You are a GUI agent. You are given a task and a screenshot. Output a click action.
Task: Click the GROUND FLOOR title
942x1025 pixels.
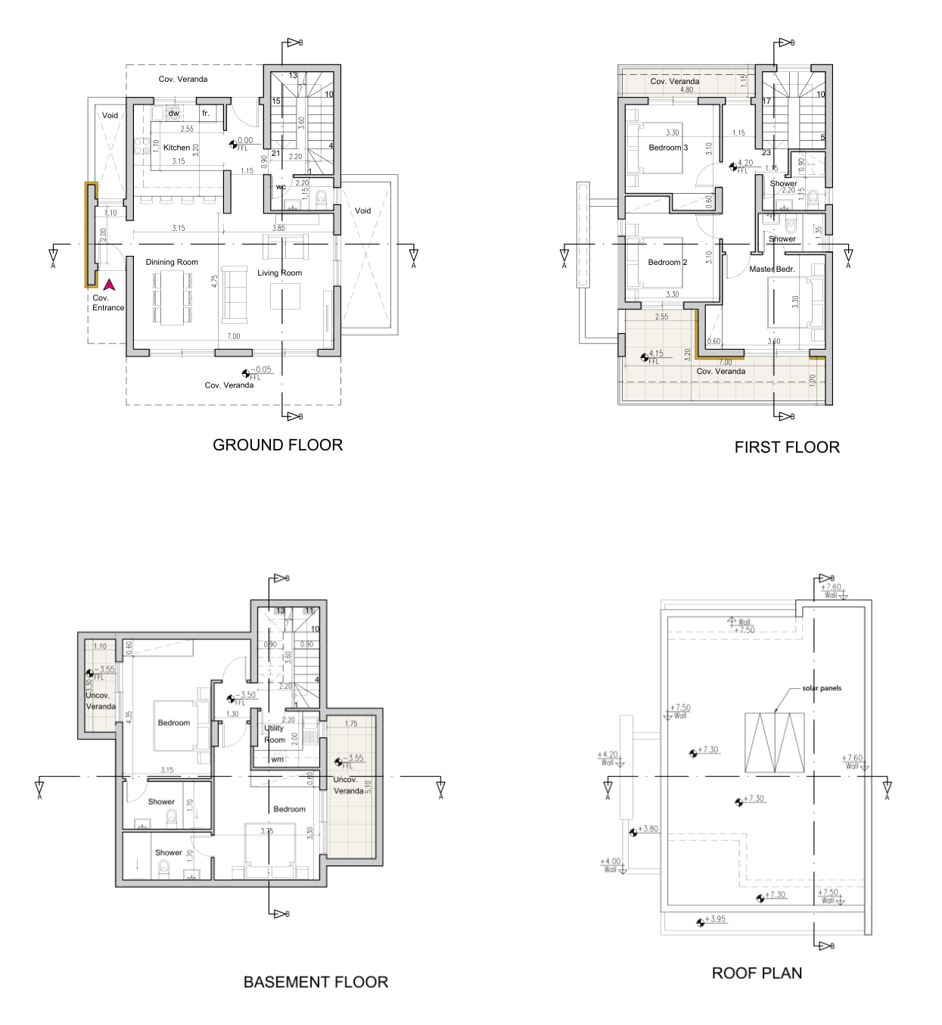[x=278, y=445]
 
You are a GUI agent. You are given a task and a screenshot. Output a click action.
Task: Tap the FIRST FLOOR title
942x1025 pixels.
[x=787, y=447]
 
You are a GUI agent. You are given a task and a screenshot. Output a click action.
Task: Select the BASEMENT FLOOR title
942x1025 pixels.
[x=316, y=983]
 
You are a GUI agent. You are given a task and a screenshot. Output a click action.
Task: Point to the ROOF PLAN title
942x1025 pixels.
[x=757, y=974]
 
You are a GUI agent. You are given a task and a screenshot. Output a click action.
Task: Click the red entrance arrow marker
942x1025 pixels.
[x=109, y=285]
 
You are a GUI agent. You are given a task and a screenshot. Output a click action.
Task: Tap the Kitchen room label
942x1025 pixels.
[x=177, y=148]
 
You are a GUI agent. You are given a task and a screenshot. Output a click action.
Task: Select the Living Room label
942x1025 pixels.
[x=279, y=273]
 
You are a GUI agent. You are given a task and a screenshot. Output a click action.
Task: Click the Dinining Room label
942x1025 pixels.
[x=172, y=262]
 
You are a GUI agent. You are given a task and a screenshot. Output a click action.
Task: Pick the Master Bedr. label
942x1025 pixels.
[x=772, y=269]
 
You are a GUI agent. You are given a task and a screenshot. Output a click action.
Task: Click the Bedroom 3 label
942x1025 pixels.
[x=668, y=148]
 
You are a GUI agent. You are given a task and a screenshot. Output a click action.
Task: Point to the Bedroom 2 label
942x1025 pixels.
[x=667, y=263]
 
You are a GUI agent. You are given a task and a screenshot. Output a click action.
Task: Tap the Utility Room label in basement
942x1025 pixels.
[x=274, y=734]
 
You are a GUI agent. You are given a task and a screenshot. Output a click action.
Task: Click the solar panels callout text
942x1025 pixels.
[x=822, y=688]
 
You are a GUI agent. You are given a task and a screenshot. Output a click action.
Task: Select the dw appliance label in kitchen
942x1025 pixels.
[x=173, y=114]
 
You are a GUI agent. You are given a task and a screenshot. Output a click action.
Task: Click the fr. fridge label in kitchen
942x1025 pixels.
[x=205, y=114]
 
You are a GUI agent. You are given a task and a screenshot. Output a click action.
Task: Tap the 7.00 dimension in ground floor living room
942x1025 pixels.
[x=233, y=336]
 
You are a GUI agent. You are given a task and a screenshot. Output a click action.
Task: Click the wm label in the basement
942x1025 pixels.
[x=278, y=759]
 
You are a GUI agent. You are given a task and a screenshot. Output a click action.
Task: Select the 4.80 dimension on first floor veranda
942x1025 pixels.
[x=686, y=90]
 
